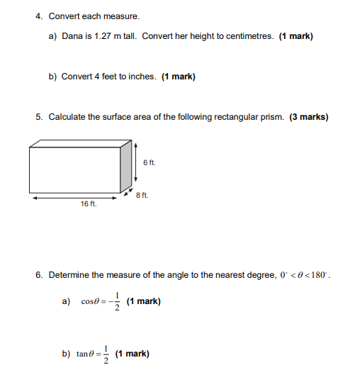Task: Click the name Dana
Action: point(72,36)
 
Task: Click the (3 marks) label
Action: point(308,117)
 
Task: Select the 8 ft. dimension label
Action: point(141,193)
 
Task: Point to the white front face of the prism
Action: point(75,171)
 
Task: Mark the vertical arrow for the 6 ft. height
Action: point(135,163)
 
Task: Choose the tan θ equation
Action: point(94,353)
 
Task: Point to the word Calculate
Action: point(67,117)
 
